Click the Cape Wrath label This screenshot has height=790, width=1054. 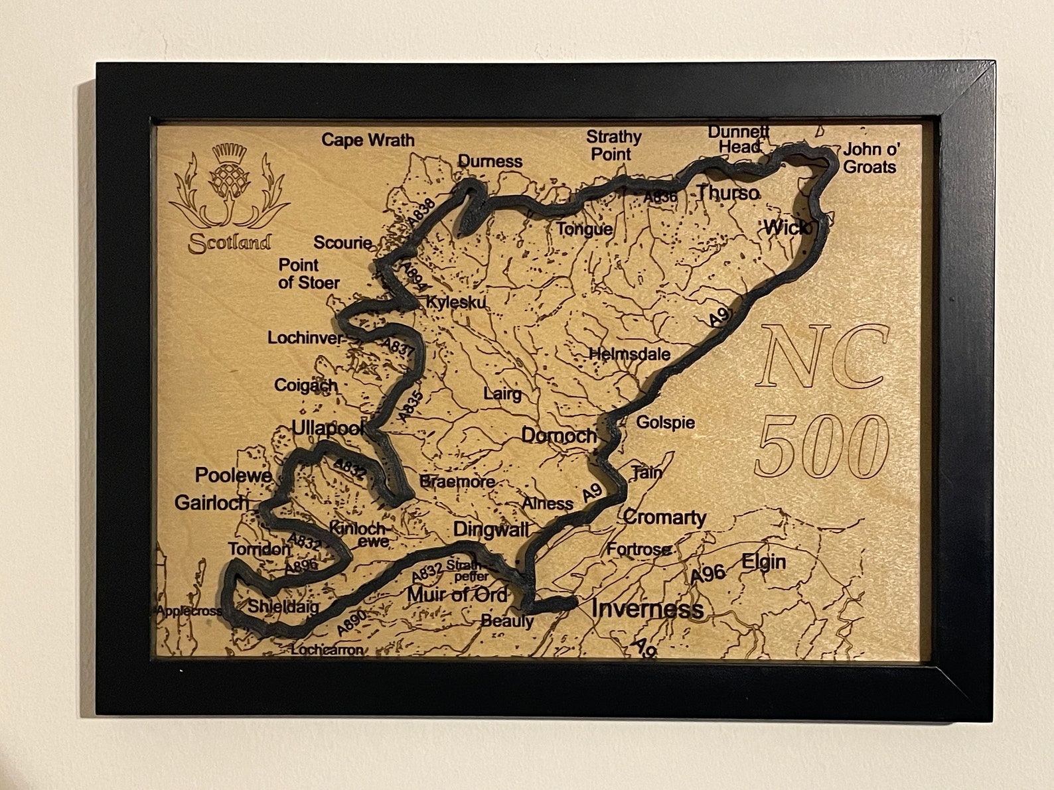(368, 140)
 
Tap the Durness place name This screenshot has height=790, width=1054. (490, 161)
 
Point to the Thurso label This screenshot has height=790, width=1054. (727, 193)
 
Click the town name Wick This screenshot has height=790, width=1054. (786, 228)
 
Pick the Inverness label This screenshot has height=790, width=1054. (647, 609)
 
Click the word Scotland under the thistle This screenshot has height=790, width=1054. (230, 243)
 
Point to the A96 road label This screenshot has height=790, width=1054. (708, 574)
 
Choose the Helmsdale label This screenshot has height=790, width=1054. (630, 354)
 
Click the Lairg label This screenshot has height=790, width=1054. (502, 394)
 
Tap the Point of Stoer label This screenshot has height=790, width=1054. (309, 274)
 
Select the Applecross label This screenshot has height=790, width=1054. (189, 611)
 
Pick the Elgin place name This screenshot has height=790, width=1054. (763, 562)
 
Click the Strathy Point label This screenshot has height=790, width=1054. (613, 145)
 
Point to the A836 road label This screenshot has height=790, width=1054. (660, 197)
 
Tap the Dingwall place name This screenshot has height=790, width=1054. (491, 529)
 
